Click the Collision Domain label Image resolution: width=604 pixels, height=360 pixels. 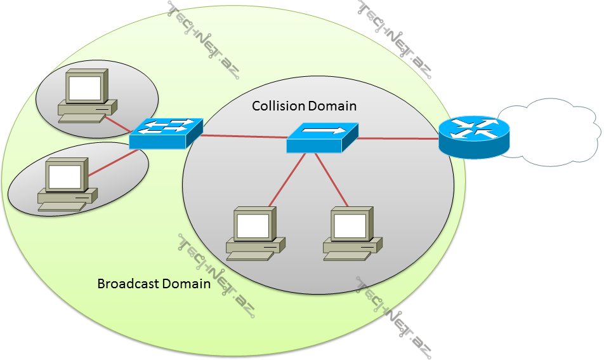tap(304, 106)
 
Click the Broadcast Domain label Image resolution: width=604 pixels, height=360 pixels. tap(154, 284)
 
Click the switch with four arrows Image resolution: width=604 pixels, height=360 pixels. tap(165, 133)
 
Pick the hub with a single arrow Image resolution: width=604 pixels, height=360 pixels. tap(322, 137)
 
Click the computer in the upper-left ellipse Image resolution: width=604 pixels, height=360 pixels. tap(87, 95)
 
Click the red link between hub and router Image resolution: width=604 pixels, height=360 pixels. tap(397, 138)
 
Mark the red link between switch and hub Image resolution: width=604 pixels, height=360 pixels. tap(244, 136)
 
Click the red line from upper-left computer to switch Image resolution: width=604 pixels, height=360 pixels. tap(117, 125)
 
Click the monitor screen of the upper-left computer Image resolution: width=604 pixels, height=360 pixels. tap(85, 88)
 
